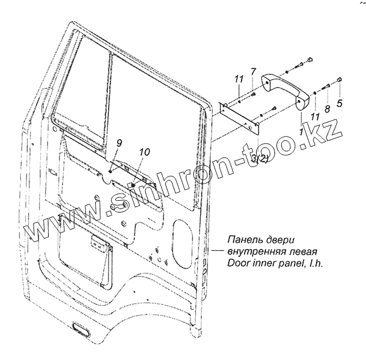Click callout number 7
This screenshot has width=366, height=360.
click(x=254, y=73)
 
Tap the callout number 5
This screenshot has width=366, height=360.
click(x=340, y=103)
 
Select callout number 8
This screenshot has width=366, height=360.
click(x=328, y=109)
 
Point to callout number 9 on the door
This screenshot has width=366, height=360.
click(x=119, y=144)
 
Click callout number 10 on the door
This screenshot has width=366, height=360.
click(x=144, y=152)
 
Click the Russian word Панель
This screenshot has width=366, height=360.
click(x=243, y=240)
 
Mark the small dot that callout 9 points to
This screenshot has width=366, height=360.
click(x=110, y=173)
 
